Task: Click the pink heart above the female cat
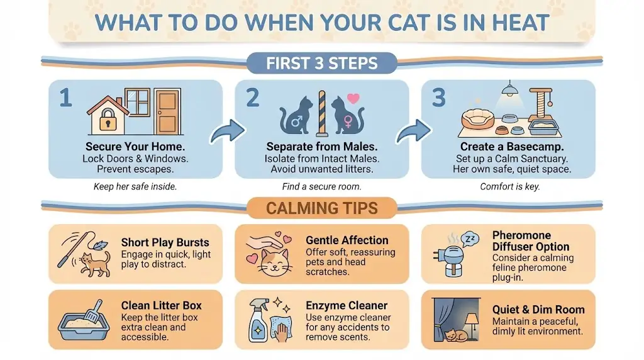353,99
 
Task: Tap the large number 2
253,98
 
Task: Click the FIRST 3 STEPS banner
321,64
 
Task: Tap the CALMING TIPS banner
321,208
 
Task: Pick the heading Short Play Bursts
165,242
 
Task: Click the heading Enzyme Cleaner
347,306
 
